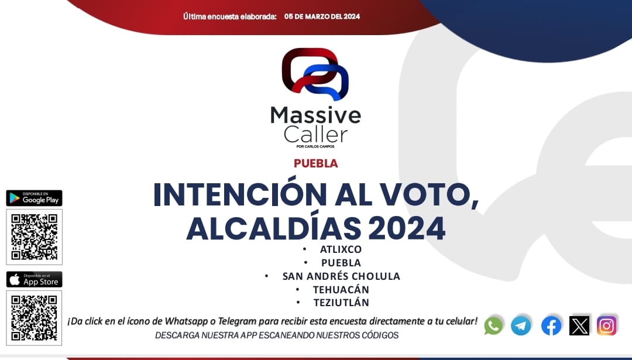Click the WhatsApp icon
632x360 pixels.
tap(493, 325)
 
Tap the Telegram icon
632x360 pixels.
tap(521, 325)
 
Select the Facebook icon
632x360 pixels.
tap(551, 325)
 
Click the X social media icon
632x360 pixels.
tap(579, 325)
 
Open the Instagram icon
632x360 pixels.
tap(607, 325)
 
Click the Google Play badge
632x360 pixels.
tap(35, 198)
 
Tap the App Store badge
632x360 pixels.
tap(35, 279)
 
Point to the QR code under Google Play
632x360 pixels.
tap(35, 236)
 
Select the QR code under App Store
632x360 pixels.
tap(35, 318)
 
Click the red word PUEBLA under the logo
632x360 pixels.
tap(315, 163)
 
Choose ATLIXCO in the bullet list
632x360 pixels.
tap(341, 249)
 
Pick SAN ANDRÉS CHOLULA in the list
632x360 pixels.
tap(341, 276)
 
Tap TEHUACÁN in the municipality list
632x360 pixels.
tap(341, 289)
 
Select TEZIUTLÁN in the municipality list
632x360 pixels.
tap(341, 303)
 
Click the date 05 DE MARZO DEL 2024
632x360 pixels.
tap(322, 16)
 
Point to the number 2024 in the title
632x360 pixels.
tap(407, 228)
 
